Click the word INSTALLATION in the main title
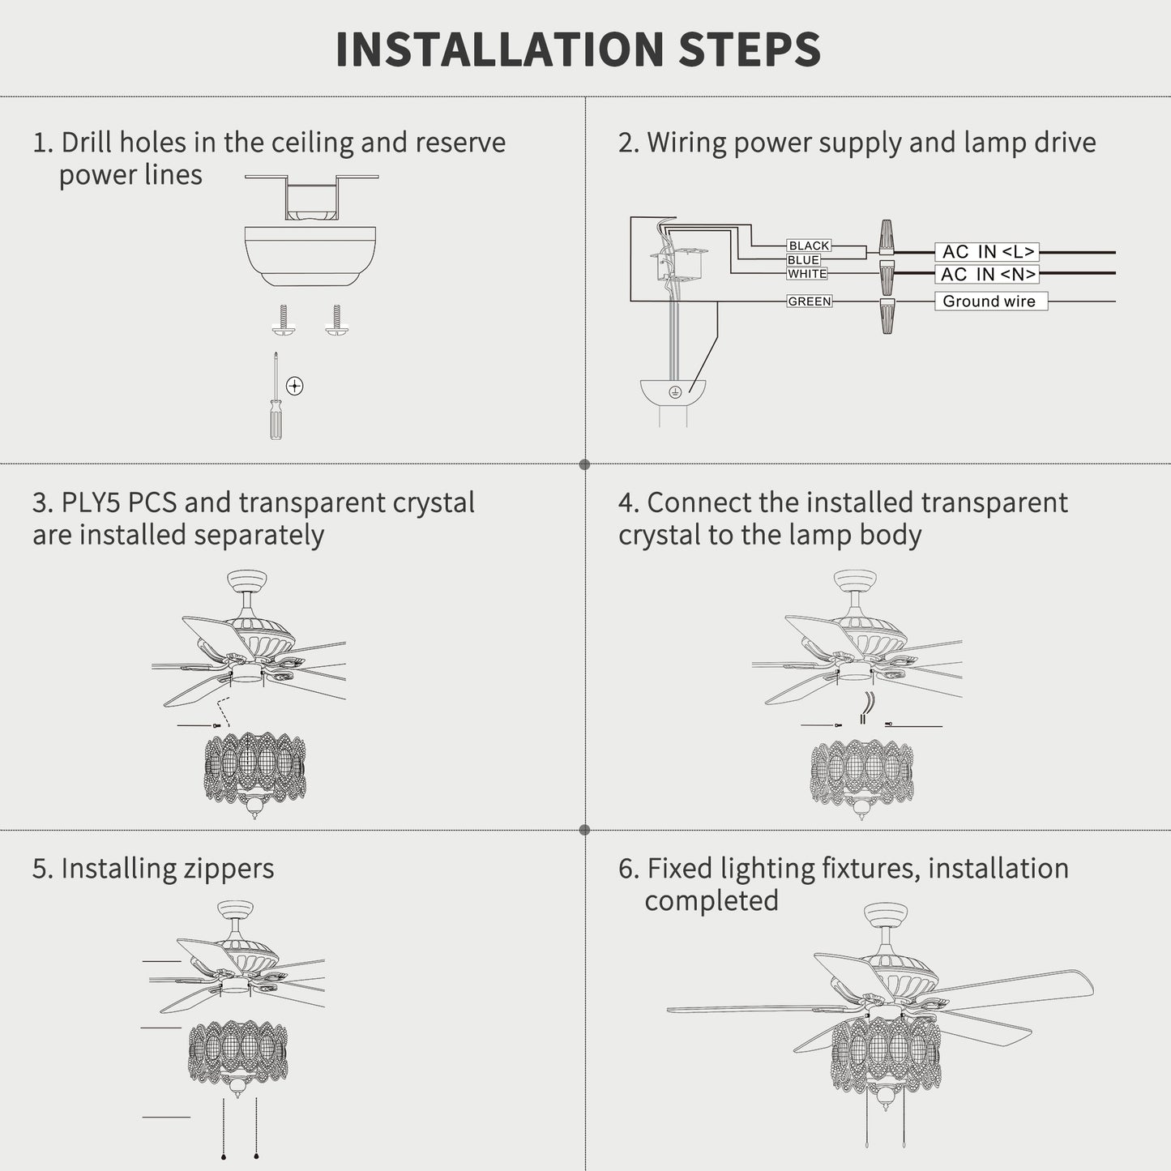coord(499,49)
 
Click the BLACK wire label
coord(809,246)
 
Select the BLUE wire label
coord(803,260)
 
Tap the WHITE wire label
coord(807,274)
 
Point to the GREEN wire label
coord(810,301)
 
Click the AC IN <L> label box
coord(987,251)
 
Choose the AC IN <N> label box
coord(987,274)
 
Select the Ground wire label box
coord(991,301)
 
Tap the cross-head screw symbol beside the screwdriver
coord(295,386)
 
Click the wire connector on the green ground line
coord(887,315)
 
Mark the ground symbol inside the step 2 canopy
coord(674,392)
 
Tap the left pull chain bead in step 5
coord(224,1157)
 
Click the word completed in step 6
coord(712,901)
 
